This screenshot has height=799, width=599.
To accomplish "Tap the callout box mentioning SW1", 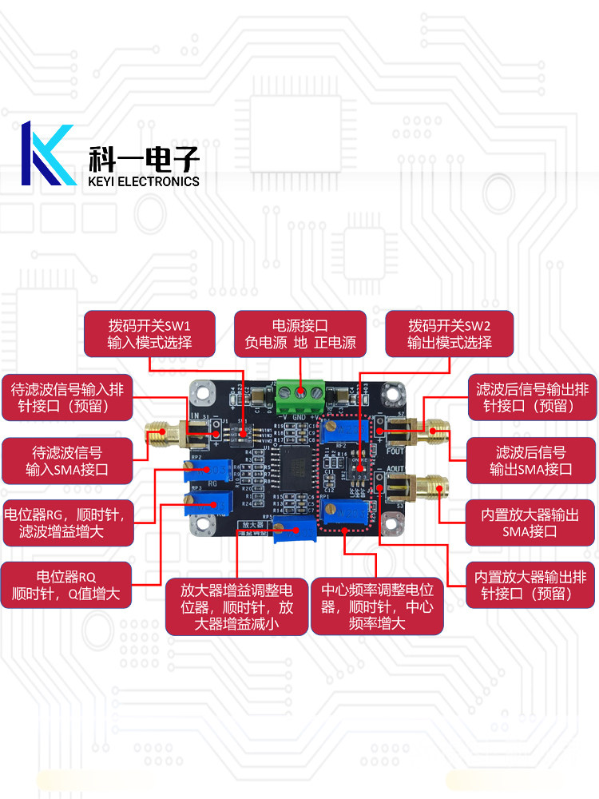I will pyautogui.click(x=149, y=335).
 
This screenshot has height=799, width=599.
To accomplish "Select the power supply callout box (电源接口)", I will pyautogui.click(x=299, y=335).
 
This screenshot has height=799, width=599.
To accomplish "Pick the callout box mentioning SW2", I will pyautogui.click(x=449, y=335).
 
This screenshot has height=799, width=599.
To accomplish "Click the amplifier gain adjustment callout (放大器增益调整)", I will pyautogui.click(x=236, y=607).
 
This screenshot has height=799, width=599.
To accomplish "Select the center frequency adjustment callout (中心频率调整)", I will pyautogui.click(x=376, y=607).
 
